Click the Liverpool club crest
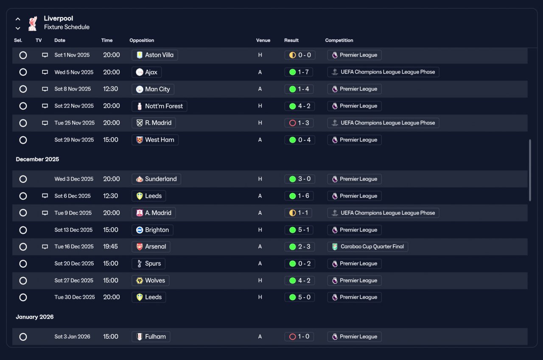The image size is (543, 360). [33, 23]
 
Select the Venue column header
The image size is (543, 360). [263, 40]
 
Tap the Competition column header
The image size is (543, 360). [339, 40]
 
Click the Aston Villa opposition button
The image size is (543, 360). [155, 55]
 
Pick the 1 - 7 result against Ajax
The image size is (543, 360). [299, 72]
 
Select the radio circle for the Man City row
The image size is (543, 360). [23, 89]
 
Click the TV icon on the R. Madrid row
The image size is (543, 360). [45, 123]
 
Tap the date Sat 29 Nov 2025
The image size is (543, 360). [74, 140]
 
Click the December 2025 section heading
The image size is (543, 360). [37, 159]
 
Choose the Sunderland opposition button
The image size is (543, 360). [156, 179]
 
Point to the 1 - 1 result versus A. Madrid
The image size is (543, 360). [298, 213]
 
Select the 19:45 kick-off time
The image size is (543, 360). [110, 247]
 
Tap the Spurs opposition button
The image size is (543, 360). [148, 264]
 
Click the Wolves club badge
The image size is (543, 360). [140, 281]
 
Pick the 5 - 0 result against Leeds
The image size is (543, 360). [299, 297]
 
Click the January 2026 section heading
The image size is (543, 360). [35, 317]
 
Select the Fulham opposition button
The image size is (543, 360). [151, 337]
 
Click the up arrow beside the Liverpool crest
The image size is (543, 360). [18, 19]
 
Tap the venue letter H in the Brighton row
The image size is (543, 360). [260, 230]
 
